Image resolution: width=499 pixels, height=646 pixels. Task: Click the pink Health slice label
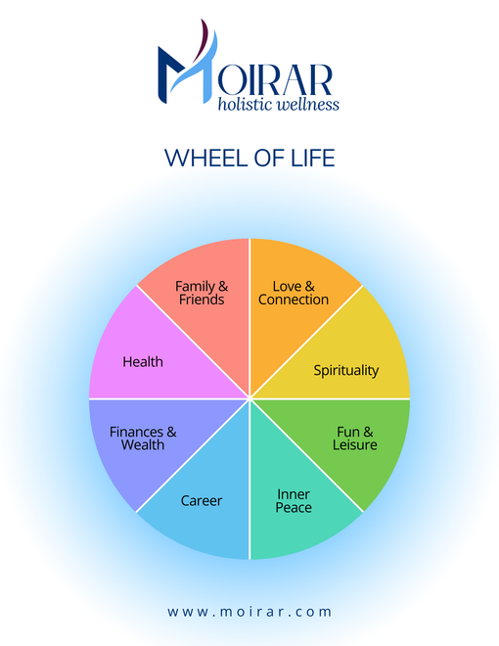[143, 362]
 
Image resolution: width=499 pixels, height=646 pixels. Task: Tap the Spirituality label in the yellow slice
[345, 370]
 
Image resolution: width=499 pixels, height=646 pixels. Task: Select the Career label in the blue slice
[202, 500]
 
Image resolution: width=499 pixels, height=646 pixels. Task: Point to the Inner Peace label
[294, 500]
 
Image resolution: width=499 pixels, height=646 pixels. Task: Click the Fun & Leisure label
[355, 438]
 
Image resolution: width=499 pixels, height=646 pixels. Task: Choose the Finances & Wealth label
[143, 438]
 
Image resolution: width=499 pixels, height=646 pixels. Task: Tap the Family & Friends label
[202, 293]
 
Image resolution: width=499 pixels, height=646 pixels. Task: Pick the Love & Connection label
[294, 293]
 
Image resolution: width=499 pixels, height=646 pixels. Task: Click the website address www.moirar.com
[249, 612]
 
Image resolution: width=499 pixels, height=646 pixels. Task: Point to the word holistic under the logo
[246, 104]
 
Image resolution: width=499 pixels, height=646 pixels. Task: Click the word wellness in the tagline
[308, 104]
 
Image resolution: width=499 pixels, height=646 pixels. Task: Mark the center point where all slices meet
[249, 398]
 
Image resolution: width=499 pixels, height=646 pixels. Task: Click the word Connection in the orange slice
[294, 300]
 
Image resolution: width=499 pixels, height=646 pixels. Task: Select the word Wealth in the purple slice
[143, 445]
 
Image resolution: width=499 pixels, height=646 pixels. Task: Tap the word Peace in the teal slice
[294, 507]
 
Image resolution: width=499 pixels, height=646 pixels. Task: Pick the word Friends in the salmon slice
[202, 300]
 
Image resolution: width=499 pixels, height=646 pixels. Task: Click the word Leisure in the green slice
[355, 445]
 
